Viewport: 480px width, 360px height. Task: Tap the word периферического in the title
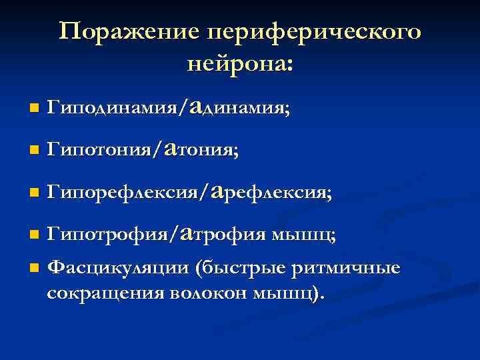pyautogui.click(x=314, y=33)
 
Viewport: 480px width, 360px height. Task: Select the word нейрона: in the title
pyautogui.click(x=240, y=65)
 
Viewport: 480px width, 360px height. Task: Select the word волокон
pyautogui.click(x=209, y=293)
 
